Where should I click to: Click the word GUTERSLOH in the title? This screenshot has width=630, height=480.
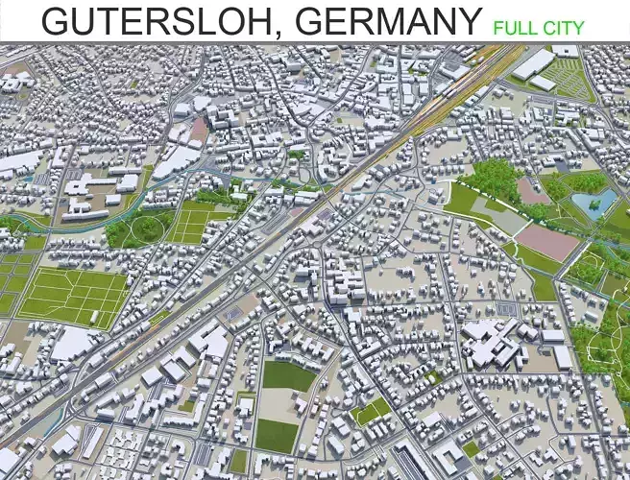(x=150, y=20)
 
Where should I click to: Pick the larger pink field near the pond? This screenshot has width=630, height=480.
(x=548, y=241)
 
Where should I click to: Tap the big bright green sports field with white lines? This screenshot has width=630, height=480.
(x=74, y=295)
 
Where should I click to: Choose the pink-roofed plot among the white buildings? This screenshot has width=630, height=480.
(x=200, y=128)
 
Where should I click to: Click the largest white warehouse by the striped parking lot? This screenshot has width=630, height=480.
(x=533, y=64)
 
